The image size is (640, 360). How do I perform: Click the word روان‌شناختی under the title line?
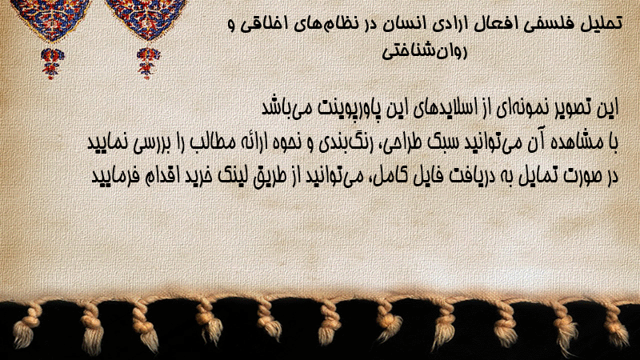424,51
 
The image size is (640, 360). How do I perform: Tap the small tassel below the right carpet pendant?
148,63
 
